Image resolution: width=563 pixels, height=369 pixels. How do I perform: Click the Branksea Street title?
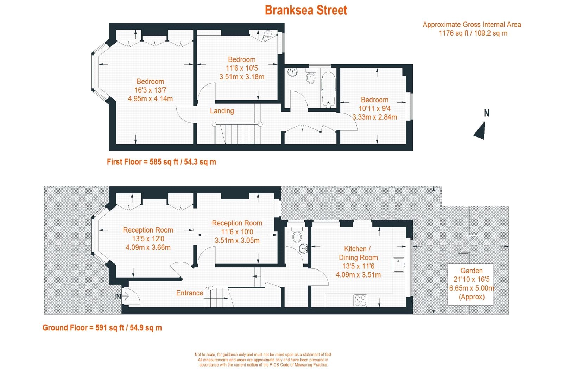coord(306,10)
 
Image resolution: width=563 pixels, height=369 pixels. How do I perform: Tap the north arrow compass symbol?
coord(481,130)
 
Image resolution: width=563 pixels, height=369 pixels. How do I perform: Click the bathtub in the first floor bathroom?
coord(328,89)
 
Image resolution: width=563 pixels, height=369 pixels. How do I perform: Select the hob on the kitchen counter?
coord(360,301)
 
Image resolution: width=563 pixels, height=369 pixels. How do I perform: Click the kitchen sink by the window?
coord(399,265)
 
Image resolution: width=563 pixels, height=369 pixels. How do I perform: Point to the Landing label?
coord(222,111)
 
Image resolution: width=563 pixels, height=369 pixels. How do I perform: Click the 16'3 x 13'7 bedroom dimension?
coord(150,90)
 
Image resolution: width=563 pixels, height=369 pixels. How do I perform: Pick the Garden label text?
coord(471,271)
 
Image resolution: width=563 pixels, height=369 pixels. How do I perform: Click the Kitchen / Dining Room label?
coord(358,253)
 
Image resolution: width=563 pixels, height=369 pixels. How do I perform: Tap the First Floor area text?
coord(162,162)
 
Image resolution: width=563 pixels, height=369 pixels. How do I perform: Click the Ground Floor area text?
coord(102,328)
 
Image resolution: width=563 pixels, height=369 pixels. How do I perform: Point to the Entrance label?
coord(189,293)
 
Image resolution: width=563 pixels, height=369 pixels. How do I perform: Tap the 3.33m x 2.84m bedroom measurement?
coord(374,117)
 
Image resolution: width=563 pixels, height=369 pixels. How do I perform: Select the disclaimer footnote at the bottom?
coord(263,360)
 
